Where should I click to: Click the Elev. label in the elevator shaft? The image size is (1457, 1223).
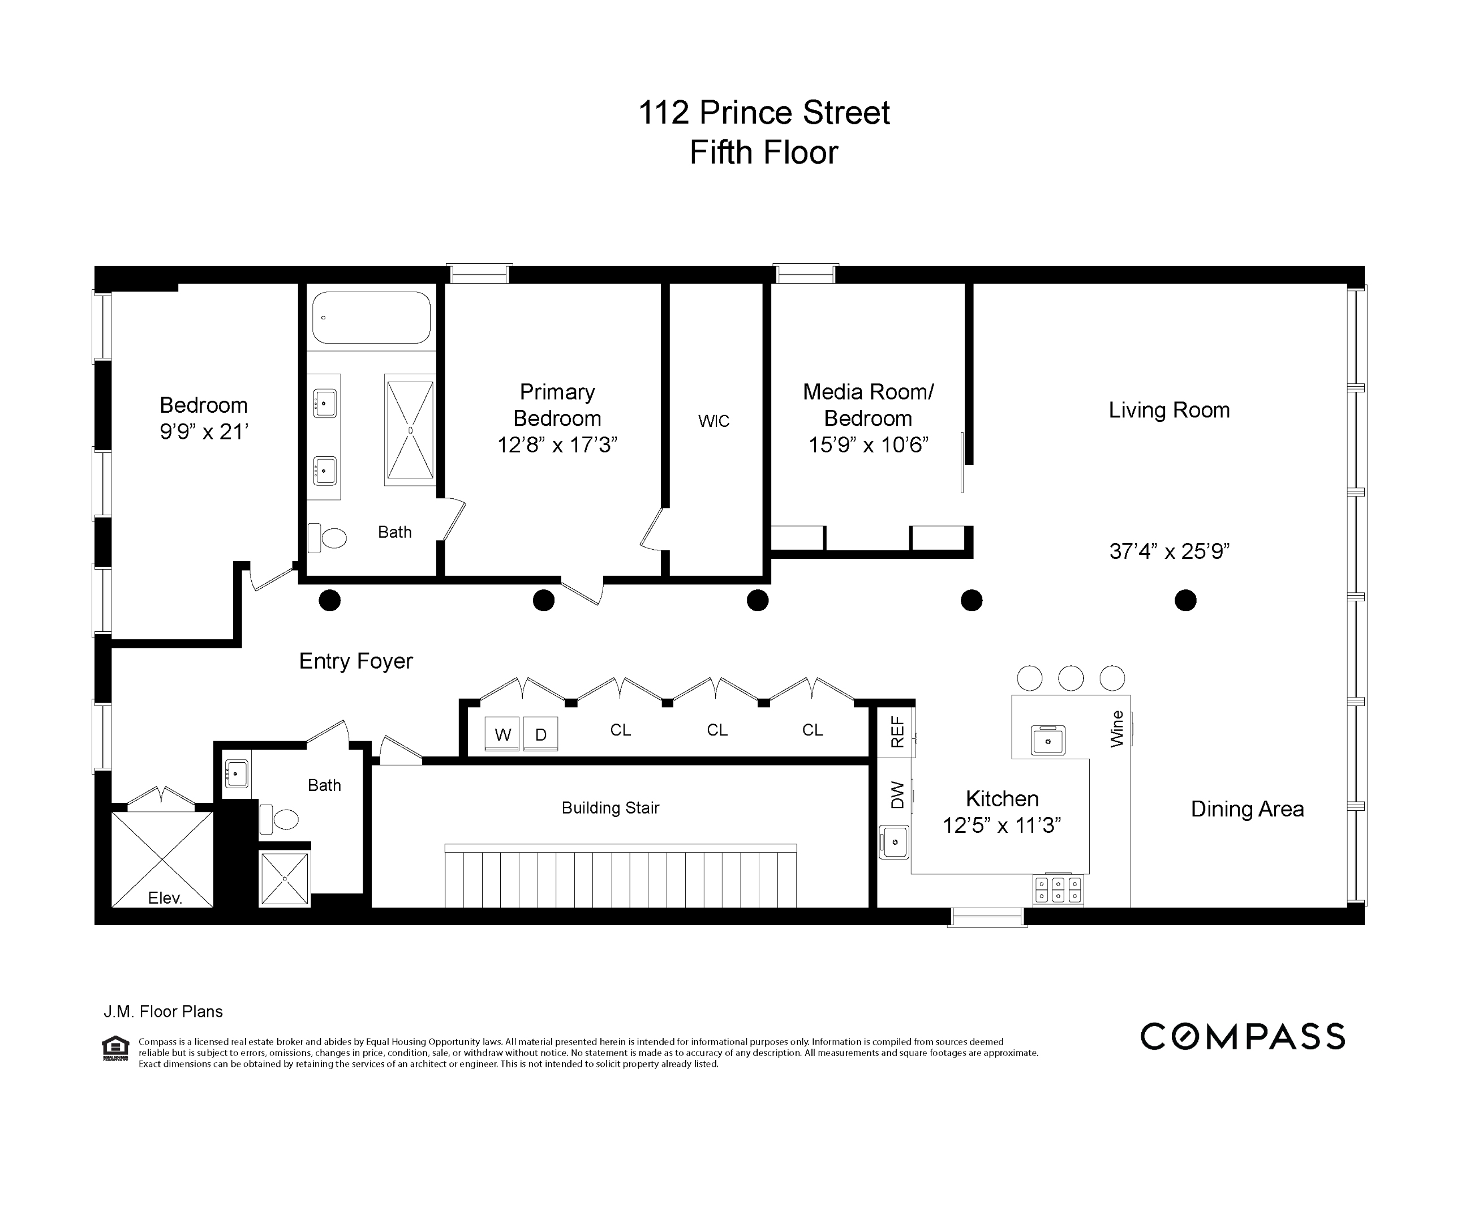point(165,898)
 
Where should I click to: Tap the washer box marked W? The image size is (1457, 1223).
point(503,734)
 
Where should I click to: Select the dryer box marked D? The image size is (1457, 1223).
point(540,734)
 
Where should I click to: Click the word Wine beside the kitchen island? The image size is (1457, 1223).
point(1116,729)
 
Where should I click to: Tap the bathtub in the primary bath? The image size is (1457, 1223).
point(371,317)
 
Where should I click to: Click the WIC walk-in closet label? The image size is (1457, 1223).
point(714,421)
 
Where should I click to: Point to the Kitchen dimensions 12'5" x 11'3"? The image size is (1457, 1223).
point(1002,826)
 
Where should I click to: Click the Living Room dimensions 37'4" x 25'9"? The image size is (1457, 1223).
point(1169,551)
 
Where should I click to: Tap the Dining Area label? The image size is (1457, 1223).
point(1247,809)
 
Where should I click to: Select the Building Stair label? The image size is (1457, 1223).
point(610,808)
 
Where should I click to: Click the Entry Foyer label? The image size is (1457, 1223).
point(356,661)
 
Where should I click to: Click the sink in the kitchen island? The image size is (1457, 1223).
point(1048,740)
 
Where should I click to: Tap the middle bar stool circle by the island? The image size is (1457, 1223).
point(1071,678)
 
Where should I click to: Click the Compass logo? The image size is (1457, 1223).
point(1242,1037)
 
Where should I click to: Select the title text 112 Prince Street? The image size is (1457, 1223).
point(763,113)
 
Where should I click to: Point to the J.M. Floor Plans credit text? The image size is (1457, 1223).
point(163,1011)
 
